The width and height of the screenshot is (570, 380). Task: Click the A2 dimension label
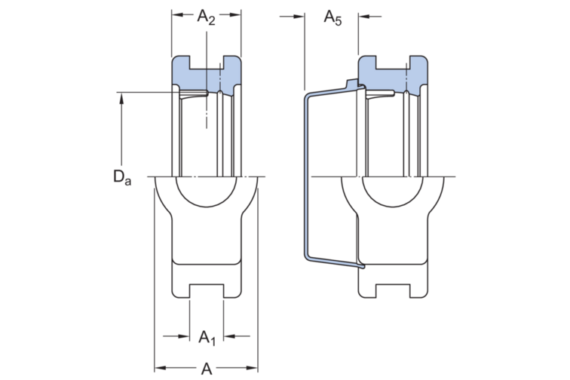206,17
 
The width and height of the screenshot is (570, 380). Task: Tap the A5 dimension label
332,17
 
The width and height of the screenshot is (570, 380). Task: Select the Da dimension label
122,178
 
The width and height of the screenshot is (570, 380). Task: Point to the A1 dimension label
207,338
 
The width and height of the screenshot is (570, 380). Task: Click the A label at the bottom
207,369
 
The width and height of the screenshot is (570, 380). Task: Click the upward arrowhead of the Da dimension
121,98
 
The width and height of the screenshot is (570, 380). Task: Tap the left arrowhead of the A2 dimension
177,15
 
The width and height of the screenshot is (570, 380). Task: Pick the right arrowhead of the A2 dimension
235,15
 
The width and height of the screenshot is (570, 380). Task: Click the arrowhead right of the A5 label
364,17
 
